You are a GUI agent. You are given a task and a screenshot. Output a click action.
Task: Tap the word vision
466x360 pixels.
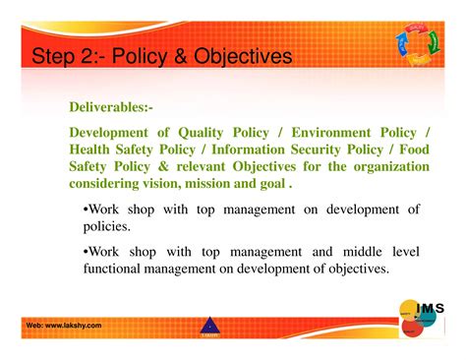[x=169, y=183]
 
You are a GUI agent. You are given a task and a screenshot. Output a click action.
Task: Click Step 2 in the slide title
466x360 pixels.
[x=66, y=57]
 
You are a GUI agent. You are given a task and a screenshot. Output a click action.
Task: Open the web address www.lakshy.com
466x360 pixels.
[x=64, y=326]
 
